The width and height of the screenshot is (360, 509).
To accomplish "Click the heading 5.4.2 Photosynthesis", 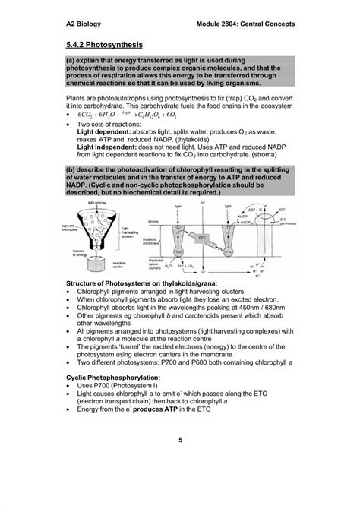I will pos(105,46).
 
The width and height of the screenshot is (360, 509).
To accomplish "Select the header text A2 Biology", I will pos(85,24).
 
